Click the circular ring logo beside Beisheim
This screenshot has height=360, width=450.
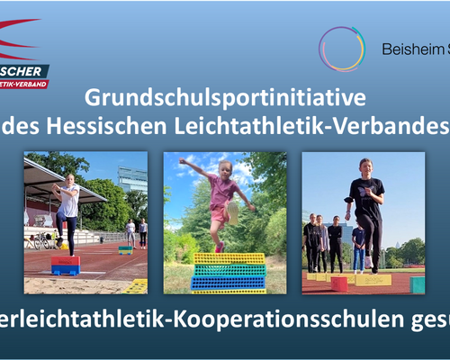(342, 49)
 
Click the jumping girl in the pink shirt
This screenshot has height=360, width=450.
(220, 202)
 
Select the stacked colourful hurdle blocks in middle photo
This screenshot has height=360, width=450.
(229, 272)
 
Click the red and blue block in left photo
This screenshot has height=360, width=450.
(65, 265)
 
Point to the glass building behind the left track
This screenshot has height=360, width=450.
(130, 179)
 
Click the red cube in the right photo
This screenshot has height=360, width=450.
(338, 284)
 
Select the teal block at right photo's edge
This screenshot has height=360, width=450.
(418, 284)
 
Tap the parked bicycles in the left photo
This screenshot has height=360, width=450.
(41, 241)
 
